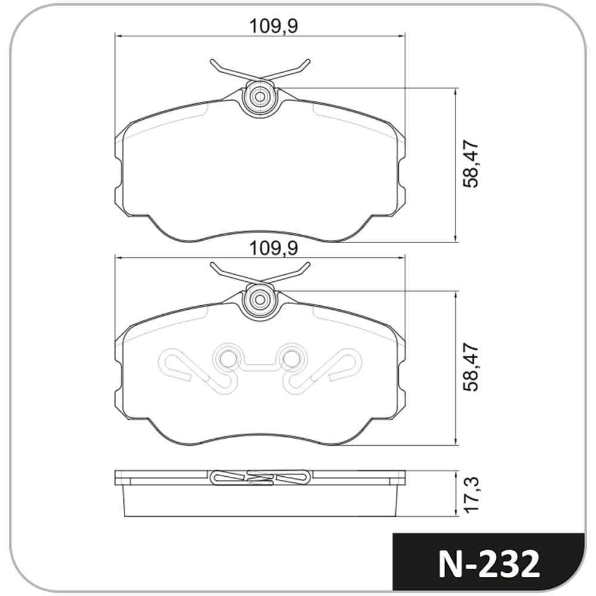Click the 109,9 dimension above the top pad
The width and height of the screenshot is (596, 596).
click(x=274, y=26)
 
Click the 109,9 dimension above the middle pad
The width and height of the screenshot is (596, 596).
click(x=274, y=249)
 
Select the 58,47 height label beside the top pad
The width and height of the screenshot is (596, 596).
click(x=471, y=164)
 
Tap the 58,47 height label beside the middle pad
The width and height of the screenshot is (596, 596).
click(x=471, y=368)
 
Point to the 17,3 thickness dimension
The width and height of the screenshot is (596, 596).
click(x=471, y=495)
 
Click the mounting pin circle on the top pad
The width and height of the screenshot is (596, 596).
click(x=260, y=97)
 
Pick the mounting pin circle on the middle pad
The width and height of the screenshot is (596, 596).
click(x=260, y=299)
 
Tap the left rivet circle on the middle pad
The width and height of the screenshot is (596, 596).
click(x=228, y=358)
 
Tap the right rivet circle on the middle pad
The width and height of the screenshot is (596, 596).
click(x=291, y=358)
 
